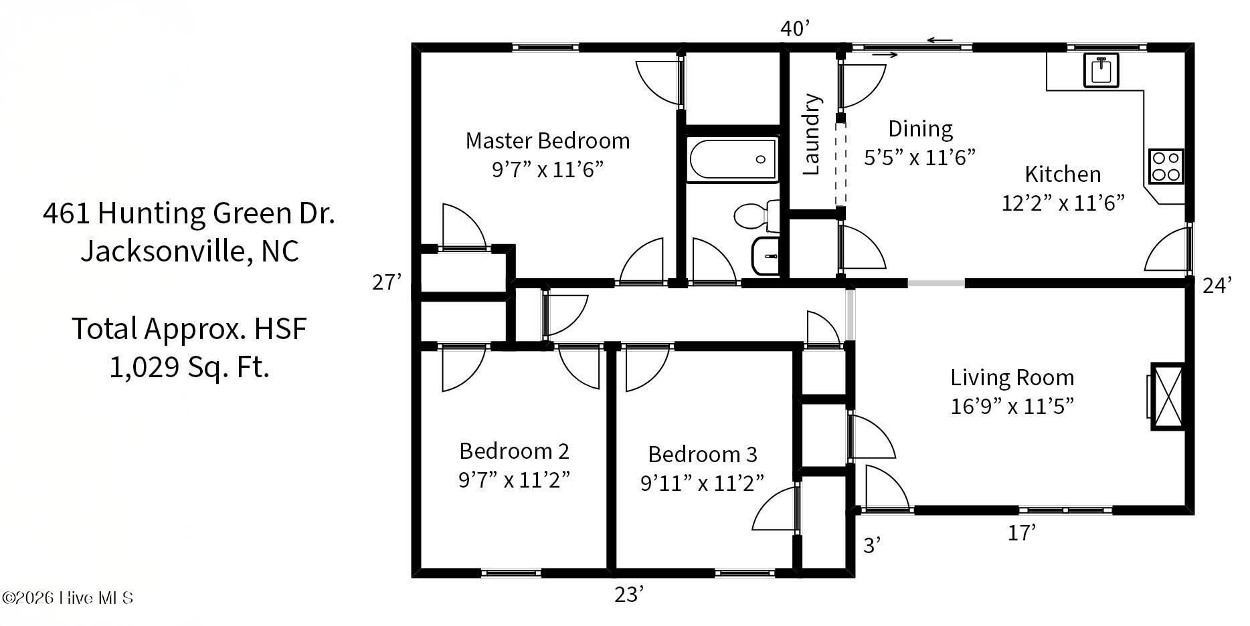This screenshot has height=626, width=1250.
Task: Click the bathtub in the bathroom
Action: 732,159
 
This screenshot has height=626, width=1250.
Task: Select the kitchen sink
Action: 1101,70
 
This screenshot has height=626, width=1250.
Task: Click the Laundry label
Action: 810,134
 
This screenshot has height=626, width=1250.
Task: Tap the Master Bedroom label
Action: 547,140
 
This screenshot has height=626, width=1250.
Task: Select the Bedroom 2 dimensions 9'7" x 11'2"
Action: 514,480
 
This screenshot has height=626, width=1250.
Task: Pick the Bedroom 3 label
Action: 703,454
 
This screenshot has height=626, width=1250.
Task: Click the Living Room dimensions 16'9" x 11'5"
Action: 1012,405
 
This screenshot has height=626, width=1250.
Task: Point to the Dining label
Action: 920,128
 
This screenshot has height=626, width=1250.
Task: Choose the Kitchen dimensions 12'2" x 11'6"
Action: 1063,202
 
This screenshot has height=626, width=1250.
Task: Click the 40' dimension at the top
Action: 795,28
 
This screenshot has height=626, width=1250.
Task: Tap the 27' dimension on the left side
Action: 387,282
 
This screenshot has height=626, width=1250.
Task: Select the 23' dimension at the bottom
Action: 629,594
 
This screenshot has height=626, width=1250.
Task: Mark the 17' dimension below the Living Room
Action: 1022,532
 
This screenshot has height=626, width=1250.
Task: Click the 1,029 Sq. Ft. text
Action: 189,367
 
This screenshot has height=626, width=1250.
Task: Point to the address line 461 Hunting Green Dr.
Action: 189,213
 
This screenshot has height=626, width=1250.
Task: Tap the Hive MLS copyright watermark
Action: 68,597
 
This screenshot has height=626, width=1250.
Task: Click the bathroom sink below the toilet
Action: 766,255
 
